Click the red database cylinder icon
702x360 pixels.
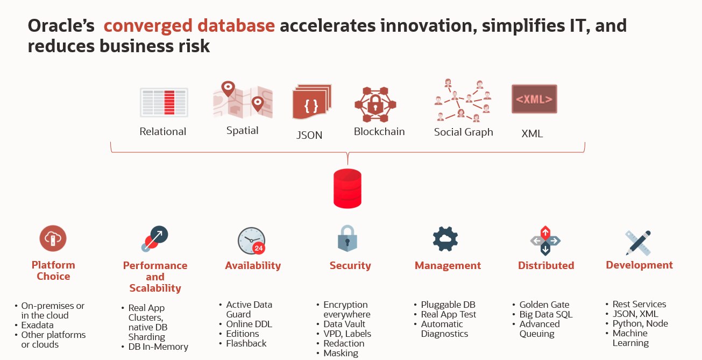348,188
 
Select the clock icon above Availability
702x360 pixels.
251,241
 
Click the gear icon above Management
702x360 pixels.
445,239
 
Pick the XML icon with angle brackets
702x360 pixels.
534,99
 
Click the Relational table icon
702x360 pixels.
164,102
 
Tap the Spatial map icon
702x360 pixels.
243,100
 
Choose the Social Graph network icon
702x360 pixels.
463,100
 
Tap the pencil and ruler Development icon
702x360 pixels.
639,242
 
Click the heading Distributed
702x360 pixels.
545,265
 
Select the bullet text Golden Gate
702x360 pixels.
544,305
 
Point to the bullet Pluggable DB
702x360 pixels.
448,305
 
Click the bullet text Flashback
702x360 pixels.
246,343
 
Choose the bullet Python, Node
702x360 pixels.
640,323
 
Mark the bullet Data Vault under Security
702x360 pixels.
344,324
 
